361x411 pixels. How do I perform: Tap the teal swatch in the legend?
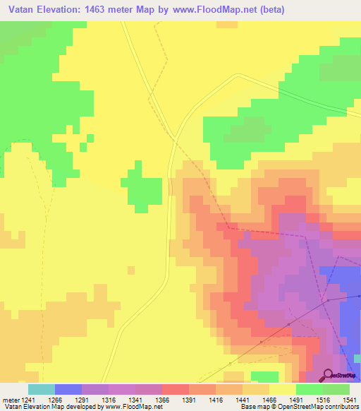pos(41,389)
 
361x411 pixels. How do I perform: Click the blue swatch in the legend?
pos(68,389)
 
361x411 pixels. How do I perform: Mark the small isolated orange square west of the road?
pos(131,270)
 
